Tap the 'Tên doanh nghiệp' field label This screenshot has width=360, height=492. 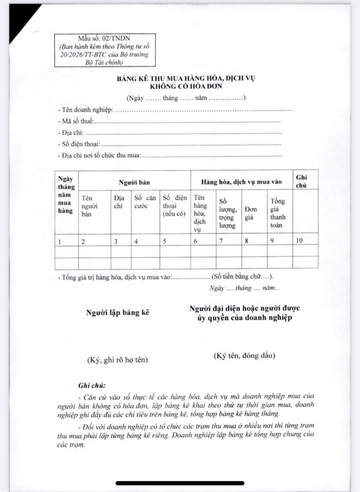pos(85,110)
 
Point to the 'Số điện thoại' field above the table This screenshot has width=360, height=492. pos(79,144)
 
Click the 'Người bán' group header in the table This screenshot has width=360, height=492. pos(135,183)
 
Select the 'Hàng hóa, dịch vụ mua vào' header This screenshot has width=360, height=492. pos(242,183)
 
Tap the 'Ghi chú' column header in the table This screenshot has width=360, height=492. pos(302,181)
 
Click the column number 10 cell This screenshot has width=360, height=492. pos(299,241)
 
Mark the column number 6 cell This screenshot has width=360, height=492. pos(196,241)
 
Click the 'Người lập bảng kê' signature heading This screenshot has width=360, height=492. pos(118,313)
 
